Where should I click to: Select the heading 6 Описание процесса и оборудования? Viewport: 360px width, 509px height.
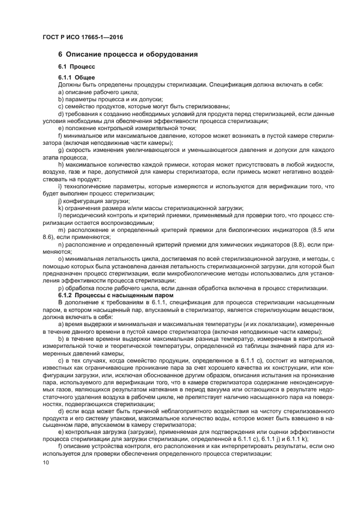click(x=127, y=54)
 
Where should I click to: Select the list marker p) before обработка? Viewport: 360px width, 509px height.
click(x=61, y=287)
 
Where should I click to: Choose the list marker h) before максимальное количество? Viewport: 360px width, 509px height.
click(x=61, y=165)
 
